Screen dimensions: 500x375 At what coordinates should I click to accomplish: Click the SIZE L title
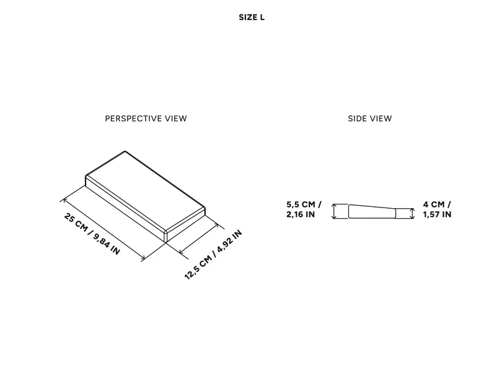tap(252, 17)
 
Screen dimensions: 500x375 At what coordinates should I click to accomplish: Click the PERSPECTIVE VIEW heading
tap(146, 119)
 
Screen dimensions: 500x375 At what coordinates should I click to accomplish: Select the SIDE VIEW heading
tap(370, 119)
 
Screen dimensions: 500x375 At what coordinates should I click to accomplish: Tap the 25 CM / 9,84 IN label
tap(92, 234)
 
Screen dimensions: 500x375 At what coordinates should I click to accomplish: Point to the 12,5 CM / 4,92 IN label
tap(213, 255)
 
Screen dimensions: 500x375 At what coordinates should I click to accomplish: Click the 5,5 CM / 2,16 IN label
tap(304, 209)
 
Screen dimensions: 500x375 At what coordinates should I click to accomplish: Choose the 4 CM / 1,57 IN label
tap(437, 209)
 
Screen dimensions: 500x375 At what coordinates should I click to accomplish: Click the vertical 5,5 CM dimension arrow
tap(334, 211)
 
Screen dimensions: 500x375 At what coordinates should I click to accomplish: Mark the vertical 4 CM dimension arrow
tap(412, 214)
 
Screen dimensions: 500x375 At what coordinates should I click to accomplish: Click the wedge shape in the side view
tap(372, 212)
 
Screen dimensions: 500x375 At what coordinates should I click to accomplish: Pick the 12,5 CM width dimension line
tap(199, 239)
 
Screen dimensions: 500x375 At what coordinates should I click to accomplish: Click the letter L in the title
tap(262, 17)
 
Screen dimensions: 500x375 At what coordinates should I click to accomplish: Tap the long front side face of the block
tap(125, 209)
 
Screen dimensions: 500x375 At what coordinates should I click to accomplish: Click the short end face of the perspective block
tap(186, 225)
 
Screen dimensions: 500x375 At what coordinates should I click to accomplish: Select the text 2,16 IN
tap(301, 214)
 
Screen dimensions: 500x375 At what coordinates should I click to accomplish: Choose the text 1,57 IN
tap(437, 214)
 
